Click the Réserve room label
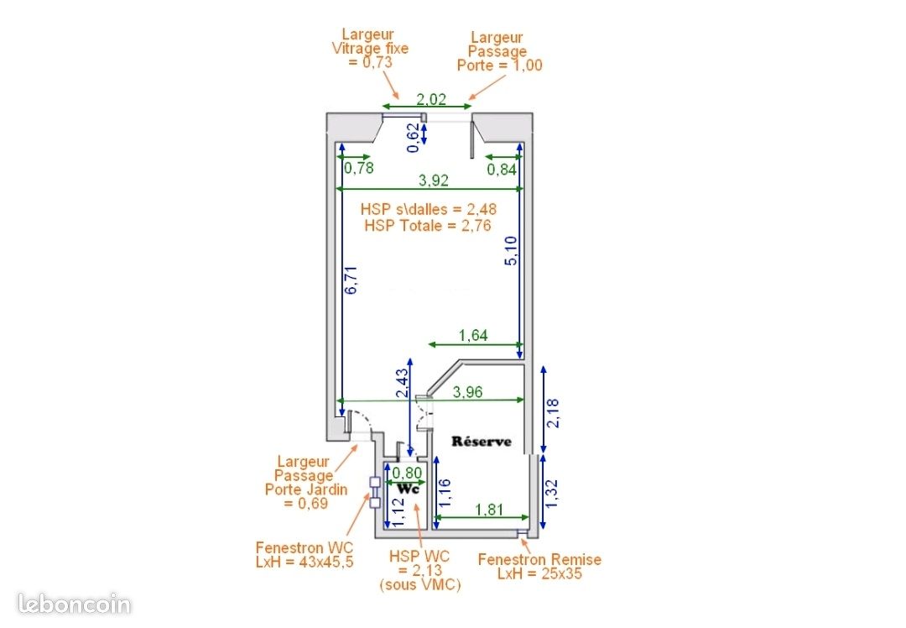(482, 442)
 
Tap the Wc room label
(408, 489)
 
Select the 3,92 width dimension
(434, 181)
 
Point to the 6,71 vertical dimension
(351, 280)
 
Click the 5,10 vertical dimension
(512, 250)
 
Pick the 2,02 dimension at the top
(431, 99)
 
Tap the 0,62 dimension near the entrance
(413, 138)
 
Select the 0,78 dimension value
(359, 168)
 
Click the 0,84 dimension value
(502, 170)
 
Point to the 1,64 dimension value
(473, 335)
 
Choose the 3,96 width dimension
(467, 392)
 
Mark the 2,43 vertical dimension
(402, 383)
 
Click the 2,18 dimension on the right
(553, 413)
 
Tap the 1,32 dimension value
(552, 494)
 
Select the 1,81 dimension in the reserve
(489, 510)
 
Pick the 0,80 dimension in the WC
(407, 473)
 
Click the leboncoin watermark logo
(75, 604)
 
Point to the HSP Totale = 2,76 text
(428, 226)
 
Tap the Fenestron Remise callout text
(539, 567)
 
